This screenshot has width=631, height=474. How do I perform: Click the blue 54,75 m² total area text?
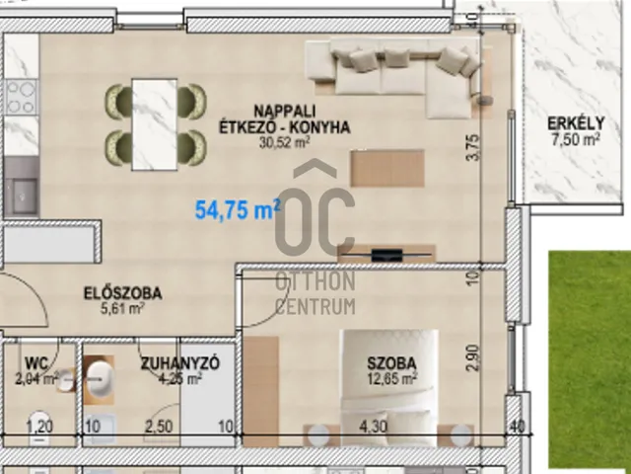(238, 209)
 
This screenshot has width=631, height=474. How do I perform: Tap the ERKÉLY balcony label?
(576, 122)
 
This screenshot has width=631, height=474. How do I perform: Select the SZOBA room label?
(391, 363)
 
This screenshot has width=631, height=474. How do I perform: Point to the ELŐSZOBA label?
(122, 293)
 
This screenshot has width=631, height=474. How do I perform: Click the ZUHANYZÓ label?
(179, 363)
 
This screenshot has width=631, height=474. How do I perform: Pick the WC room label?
(36, 363)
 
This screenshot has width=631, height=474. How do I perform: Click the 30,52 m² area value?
(284, 142)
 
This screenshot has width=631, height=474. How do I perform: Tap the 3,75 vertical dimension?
(473, 147)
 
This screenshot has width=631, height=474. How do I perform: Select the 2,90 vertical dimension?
(473, 357)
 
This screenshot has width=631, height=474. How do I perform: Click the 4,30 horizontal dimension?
(374, 427)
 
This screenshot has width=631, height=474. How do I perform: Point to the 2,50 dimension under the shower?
(159, 427)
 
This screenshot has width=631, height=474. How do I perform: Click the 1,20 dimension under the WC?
(39, 427)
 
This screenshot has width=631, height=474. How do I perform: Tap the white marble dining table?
(155, 124)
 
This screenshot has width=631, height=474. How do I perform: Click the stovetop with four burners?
(22, 97)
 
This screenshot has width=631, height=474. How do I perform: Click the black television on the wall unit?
(386, 255)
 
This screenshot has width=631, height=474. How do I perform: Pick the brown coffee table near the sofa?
(387, 168)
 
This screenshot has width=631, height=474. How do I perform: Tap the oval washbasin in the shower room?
(100, 379)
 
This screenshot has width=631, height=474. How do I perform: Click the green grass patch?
(590, 358)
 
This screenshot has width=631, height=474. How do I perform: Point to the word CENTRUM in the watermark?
(315, 306)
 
